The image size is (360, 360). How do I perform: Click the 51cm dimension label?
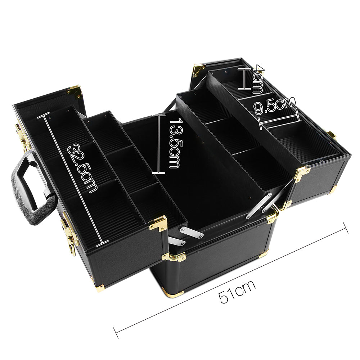237,291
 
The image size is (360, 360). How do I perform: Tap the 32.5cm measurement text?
83,168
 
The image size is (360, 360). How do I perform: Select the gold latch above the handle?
22,137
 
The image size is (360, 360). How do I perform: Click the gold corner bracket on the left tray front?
158,224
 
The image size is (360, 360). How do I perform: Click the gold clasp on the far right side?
331,135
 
